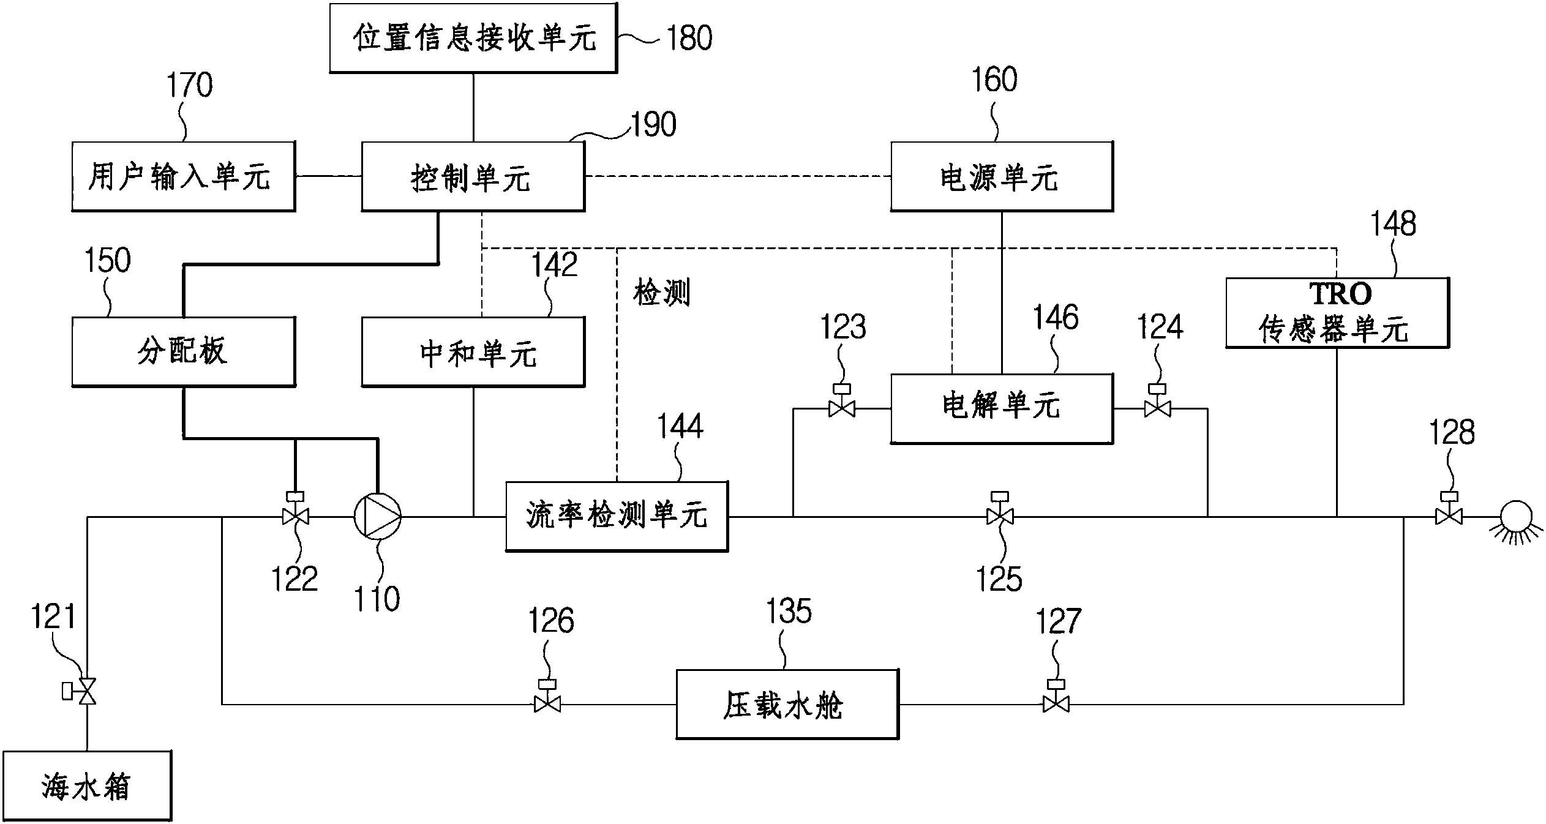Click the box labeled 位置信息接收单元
[x=473, y=38]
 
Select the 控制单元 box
[x=473, y=177]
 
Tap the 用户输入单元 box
[x=184, y=177]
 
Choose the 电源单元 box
[x=1002, y=177]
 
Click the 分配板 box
[x=184, y=352]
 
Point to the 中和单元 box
[x=473, y=352]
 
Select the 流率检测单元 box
[x=617, y=517]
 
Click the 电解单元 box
[x=1002, y=409]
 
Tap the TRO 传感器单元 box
[x=1337, y=313]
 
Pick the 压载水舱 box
[x=787, y=705]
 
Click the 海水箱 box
[x=87, y=786]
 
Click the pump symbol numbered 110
[x=378, y=517]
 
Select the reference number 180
[x=689, y=38]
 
